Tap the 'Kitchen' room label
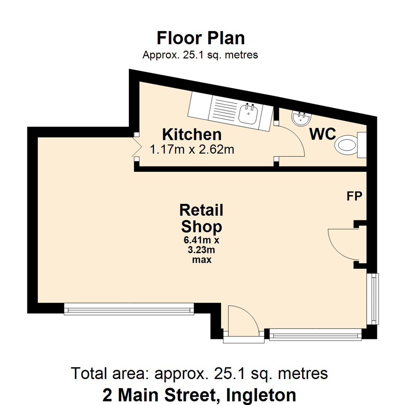(192, 134)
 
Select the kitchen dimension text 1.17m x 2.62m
(192, 150)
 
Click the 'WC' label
(322, 134)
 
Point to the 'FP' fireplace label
(354, 196)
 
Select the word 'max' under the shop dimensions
(201, 259)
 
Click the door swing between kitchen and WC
(291, 142)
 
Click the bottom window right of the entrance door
(315, 334)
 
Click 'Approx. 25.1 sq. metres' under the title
(200, 55)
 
